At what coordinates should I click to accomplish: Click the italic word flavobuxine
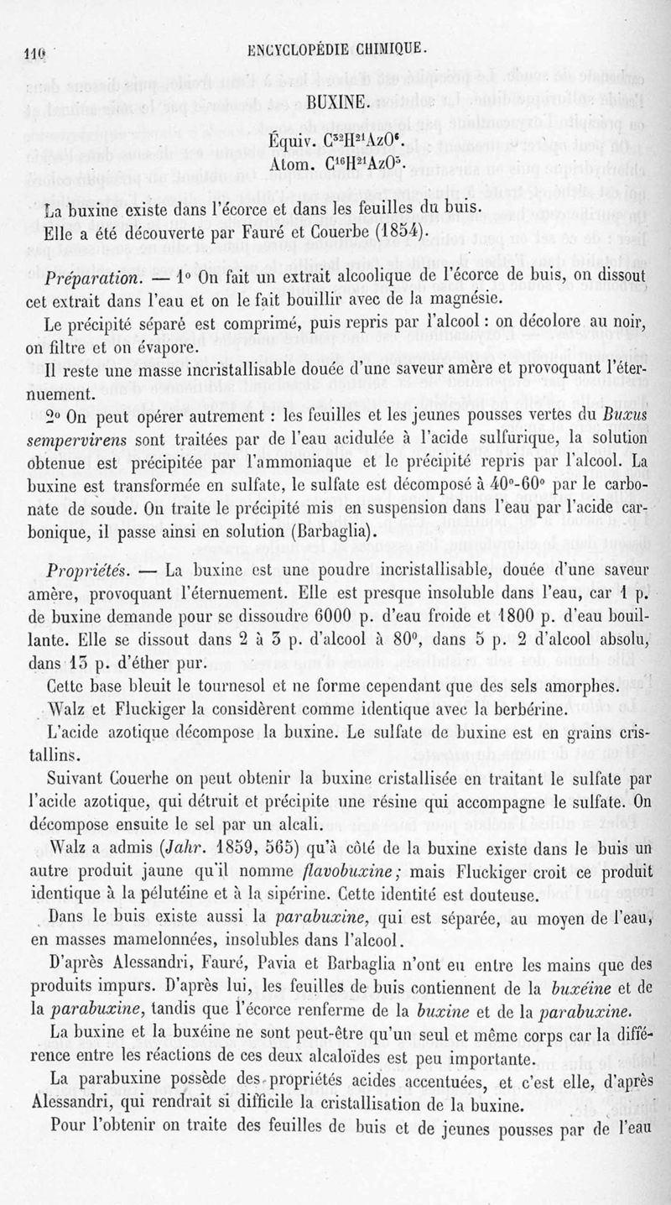[335, 870]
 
